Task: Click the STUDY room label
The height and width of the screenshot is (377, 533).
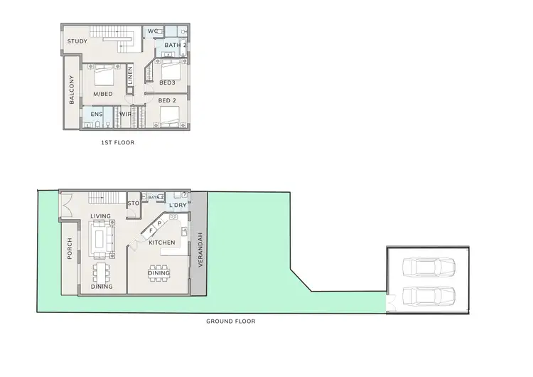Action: [77, 41]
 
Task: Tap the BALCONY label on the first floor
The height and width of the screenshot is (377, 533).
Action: [72, 92]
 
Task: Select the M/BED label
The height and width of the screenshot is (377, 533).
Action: [103, 94]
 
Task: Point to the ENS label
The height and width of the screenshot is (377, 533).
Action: [96, 114]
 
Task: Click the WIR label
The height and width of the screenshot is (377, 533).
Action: [124, 114]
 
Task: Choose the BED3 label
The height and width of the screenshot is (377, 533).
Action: [167, 83]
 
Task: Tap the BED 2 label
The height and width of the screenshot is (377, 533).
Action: [167, 100]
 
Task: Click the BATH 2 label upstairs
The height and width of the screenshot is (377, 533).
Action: [175, 46]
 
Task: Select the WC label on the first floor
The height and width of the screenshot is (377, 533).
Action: [152, 31]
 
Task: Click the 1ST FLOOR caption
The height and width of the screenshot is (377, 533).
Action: [119, 142]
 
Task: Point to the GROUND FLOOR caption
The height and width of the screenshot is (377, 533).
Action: [231, 322]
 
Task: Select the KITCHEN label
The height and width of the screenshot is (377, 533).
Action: [162, 243]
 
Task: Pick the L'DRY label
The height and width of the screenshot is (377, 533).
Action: [178, 206]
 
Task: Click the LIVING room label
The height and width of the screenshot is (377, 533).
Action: [100, 216]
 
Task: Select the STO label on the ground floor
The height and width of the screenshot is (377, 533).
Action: [133, 204]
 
